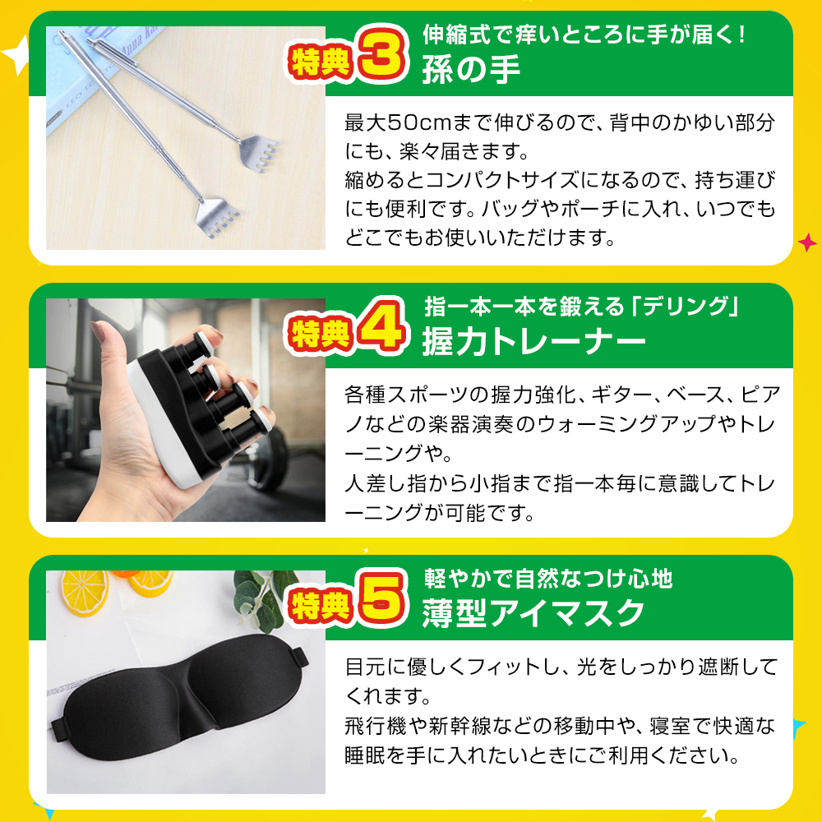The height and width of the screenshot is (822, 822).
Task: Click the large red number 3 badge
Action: click(x=382, y=53)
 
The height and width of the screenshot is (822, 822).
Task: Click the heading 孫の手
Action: click(x=471, y=70)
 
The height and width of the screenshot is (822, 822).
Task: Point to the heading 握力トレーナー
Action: click(x=533, y=341)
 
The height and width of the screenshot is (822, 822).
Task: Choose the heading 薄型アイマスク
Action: click(x=533, y=613)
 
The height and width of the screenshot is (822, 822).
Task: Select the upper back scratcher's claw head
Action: click(x=259, y=151)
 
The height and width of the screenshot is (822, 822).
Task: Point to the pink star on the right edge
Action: click(x=807, y=242)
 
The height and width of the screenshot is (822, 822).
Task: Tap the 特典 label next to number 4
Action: click(x=320, y=333)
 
